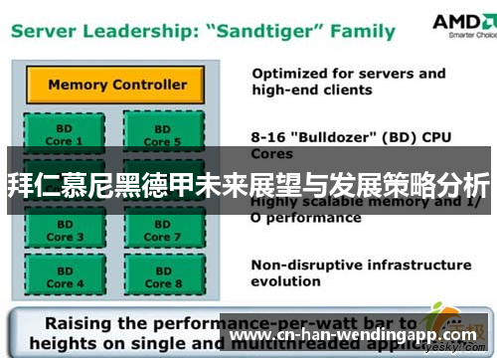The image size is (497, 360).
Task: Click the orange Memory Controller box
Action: point(116,85)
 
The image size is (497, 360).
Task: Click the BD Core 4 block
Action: point(61,275)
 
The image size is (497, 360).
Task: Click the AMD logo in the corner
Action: point(462,25)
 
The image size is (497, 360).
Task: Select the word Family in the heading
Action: point(363,30)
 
